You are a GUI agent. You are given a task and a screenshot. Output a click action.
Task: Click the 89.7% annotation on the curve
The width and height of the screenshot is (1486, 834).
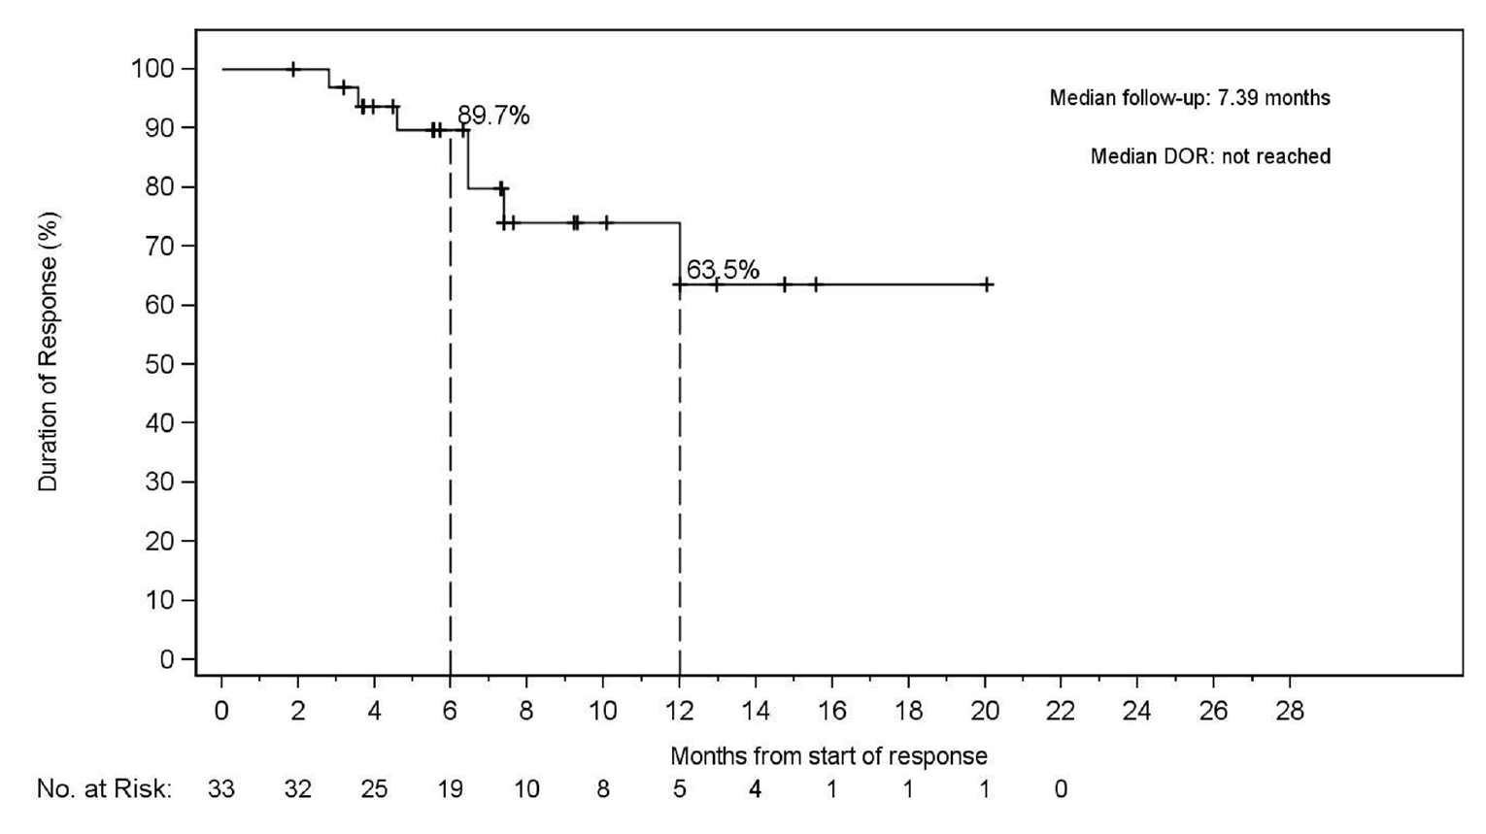493,117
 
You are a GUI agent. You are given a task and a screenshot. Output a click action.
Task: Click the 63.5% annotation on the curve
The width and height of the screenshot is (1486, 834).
723,271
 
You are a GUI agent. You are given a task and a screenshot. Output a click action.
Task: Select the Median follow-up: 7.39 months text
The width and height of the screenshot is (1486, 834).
1189,98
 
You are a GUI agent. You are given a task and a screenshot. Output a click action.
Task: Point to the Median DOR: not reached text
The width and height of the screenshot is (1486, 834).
1209,156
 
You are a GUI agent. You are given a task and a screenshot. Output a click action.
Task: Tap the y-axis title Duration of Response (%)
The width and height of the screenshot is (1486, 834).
49,351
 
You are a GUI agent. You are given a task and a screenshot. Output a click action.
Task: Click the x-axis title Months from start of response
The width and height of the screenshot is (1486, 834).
828,756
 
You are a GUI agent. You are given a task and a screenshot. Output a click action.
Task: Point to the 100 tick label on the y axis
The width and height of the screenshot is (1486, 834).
154,69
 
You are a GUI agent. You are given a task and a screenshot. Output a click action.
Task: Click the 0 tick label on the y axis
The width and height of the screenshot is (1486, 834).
168,659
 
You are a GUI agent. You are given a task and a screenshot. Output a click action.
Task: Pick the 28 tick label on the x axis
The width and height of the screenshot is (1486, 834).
1290,712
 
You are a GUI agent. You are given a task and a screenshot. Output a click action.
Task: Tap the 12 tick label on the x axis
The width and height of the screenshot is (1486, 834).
679,712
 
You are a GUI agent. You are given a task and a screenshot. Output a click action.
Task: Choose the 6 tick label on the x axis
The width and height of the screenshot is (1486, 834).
450,712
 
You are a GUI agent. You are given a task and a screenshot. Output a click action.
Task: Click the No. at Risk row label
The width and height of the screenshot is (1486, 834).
104,789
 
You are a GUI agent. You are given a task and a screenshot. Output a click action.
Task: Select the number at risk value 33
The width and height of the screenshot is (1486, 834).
220,789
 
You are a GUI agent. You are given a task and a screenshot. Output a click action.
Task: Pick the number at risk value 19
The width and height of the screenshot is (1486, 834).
450,789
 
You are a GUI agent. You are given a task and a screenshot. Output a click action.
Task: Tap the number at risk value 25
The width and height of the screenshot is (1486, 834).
374,789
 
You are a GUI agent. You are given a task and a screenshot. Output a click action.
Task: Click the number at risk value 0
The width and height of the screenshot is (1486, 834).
1061,789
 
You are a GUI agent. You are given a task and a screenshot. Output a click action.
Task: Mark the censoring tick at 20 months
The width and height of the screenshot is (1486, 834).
987,284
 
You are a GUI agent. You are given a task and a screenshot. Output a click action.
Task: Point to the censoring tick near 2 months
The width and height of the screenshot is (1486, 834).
293,69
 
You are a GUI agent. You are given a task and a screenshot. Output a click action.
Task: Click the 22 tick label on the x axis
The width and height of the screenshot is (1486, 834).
1061,712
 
